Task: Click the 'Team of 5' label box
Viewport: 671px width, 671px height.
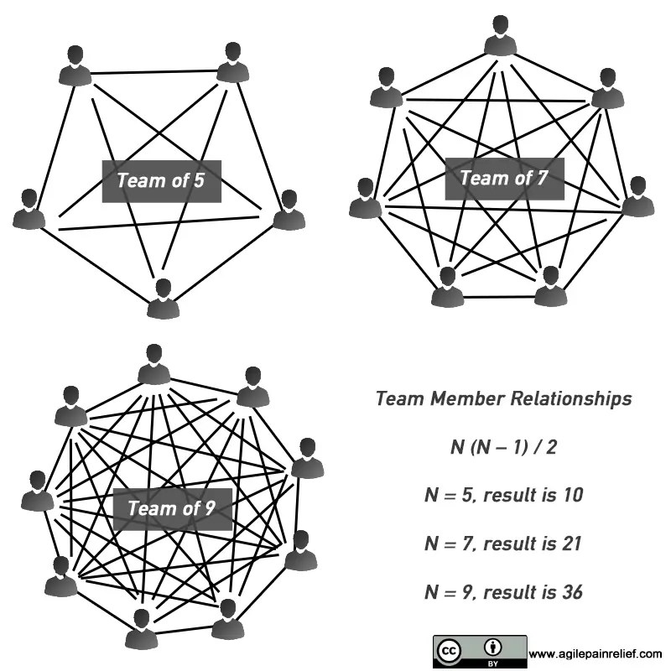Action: [x=161, y=180]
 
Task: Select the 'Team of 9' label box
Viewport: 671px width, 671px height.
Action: [x=173, y=508]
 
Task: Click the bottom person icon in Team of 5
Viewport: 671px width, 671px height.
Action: [x=164, y=299]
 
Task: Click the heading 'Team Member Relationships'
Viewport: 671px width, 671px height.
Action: [x=503, y=398]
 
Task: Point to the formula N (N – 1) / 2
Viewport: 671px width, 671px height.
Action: [x=503, y=447]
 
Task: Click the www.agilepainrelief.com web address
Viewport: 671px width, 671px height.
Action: [x=596, y=653]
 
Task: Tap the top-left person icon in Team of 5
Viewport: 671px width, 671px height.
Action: [x=75, y=65]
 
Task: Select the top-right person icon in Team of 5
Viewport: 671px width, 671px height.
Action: [x=232, y=63]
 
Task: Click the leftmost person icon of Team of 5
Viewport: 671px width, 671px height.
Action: [x=29, y=210]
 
